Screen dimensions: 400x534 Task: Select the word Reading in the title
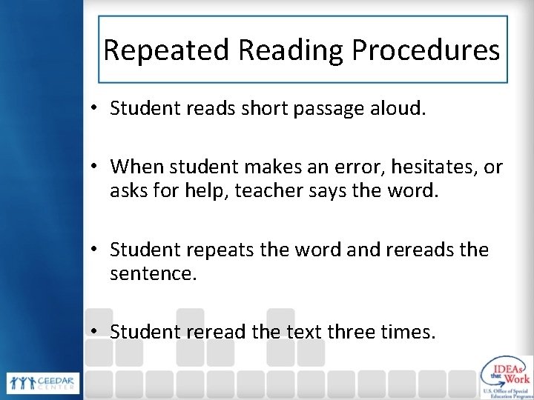tap(288, 50)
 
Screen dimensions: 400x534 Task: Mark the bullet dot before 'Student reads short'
tap(96, 110)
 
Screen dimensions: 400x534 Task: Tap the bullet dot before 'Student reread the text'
tap(96, 332)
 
